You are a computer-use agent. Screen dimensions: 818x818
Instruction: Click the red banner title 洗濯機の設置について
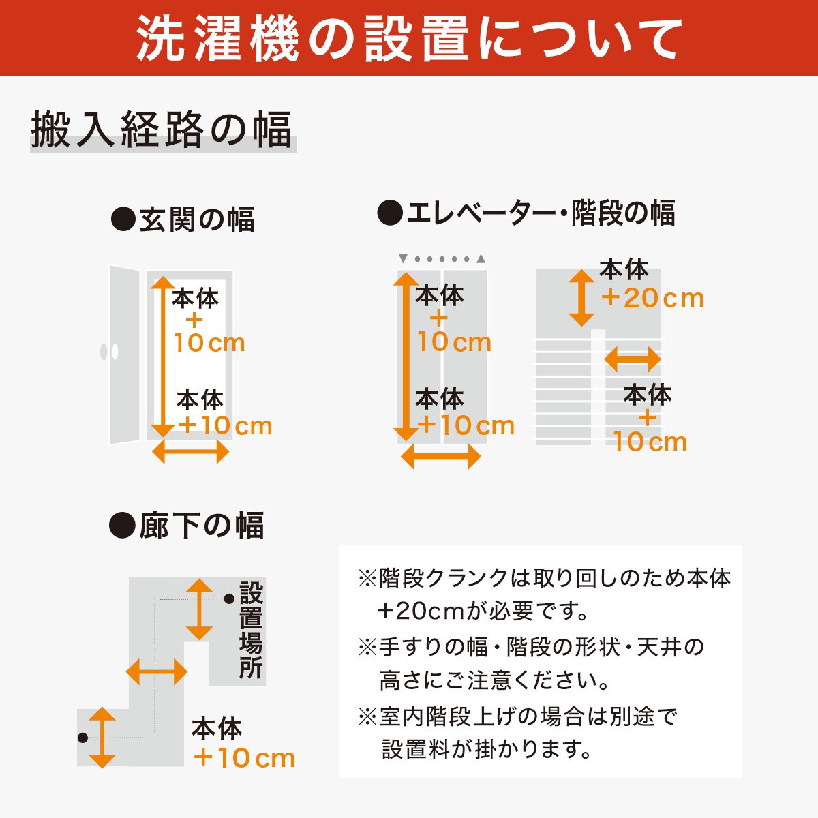tap(409, 38)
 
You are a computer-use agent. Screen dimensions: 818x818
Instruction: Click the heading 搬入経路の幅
tap(162, 130)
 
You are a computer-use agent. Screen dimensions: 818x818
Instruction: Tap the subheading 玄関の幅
tap(183, 219)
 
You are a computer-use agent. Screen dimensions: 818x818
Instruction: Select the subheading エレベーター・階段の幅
tap(526, 213)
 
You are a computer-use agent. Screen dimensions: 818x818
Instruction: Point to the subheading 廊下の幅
tap(187, 526)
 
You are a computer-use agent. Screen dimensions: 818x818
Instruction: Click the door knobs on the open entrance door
tap(109, 352)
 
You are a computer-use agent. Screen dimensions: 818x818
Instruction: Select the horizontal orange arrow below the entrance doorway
tap(190, 451)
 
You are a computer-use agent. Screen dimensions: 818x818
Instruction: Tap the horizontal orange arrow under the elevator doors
tap(441, 456)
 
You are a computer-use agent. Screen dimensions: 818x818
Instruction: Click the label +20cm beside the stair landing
tap(652, 298)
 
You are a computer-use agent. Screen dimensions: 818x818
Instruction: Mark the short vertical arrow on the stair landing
tap(581, 297)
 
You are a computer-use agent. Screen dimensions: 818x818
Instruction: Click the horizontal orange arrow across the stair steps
tap(633, 359)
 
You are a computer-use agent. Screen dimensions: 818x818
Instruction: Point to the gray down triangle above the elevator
tap(403, 259)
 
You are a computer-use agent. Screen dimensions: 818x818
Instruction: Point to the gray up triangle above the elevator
tap(481, 259)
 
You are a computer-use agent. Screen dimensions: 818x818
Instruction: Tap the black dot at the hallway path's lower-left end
tap(82, 738)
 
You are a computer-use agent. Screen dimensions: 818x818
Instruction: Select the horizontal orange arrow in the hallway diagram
tap(157, 672)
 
